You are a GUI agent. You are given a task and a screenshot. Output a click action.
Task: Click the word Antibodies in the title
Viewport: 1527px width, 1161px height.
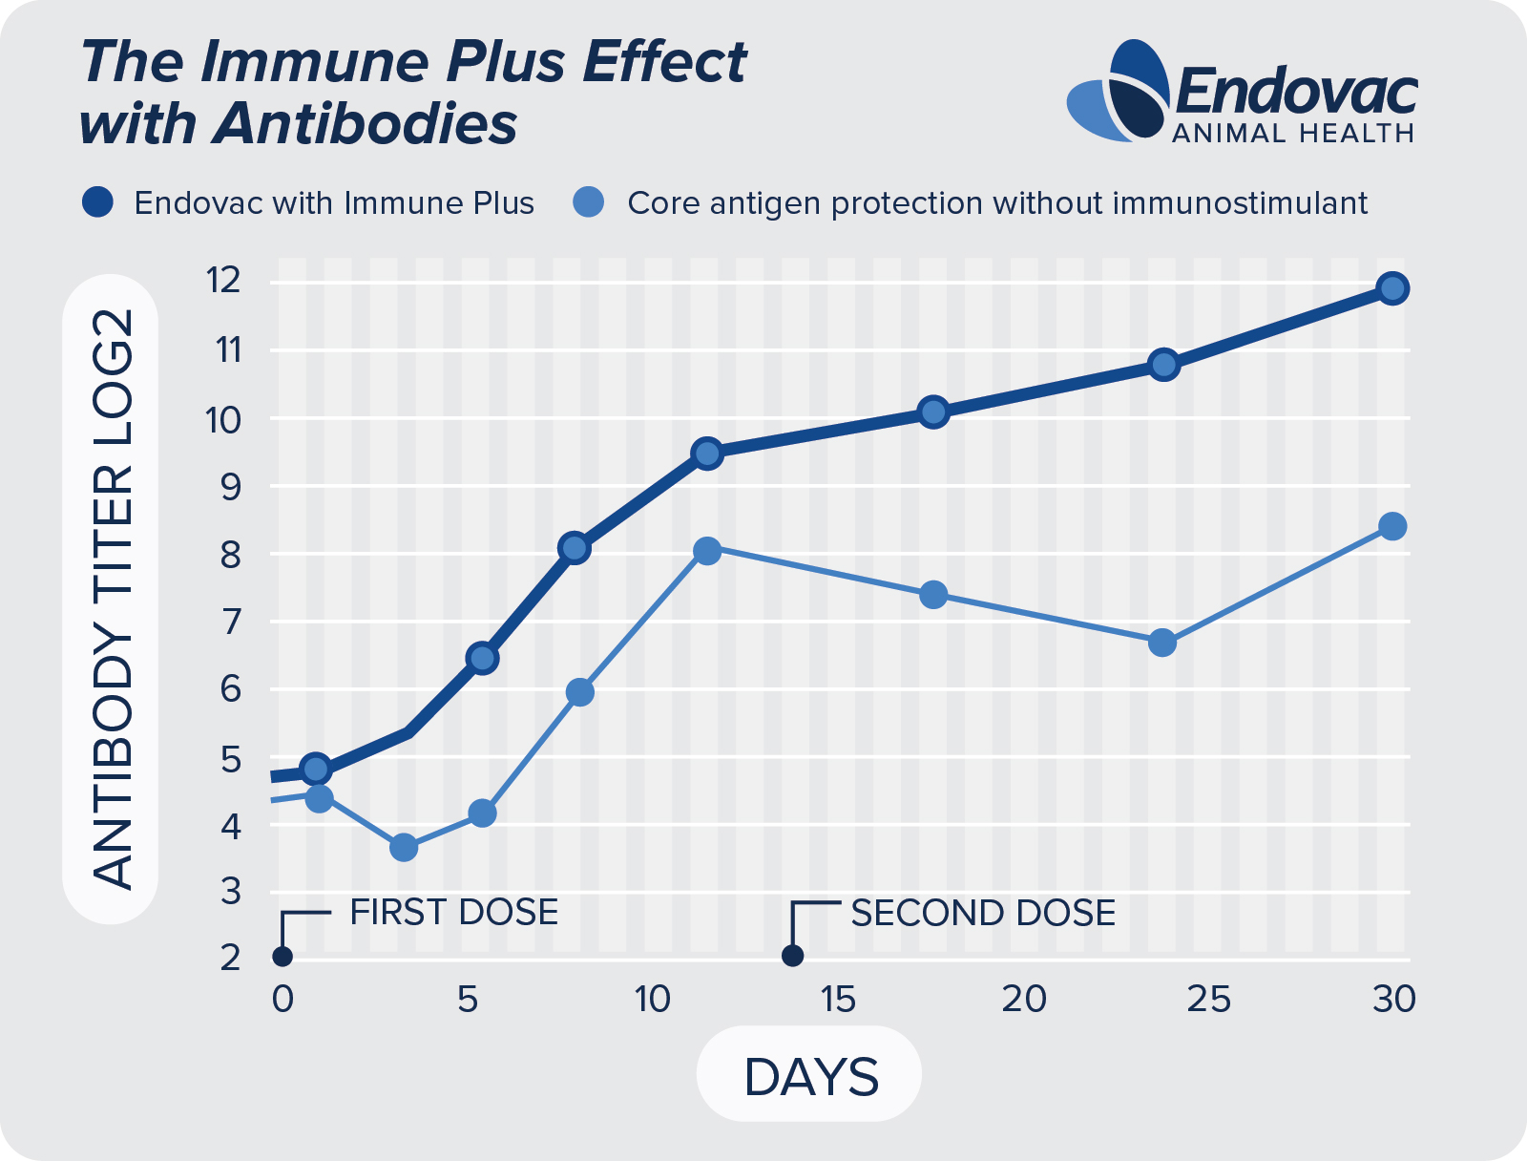[365, 124]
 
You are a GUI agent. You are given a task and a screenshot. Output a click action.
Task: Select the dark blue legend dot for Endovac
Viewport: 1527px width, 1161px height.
[98, 202]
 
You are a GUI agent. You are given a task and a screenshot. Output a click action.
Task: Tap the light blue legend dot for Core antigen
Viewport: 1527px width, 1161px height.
[589, 202]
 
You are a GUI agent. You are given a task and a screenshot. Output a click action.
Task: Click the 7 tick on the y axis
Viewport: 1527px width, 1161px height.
[229, 621]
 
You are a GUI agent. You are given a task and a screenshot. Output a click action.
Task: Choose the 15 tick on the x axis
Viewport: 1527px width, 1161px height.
[837, 1000]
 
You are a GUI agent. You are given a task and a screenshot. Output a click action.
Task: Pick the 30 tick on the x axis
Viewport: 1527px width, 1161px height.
[1393, 1000]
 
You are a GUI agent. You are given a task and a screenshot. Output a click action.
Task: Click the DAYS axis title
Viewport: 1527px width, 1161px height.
[810, 1077]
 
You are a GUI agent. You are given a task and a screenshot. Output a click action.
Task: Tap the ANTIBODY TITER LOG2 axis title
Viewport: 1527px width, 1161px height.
[112, 599]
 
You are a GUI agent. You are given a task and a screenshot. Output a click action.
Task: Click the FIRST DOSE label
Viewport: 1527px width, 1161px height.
[453, 913]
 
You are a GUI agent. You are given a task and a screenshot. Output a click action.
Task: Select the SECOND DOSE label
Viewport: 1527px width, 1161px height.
[983, 914]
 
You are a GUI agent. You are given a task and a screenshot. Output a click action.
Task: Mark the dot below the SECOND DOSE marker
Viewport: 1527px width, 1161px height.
[792, 956]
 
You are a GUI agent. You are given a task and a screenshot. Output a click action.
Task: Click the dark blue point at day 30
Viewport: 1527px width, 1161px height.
[1392, 287]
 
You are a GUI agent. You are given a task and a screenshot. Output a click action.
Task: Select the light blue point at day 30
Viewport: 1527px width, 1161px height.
[1392, 526]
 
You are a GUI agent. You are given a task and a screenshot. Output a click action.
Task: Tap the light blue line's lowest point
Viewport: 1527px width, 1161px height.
[404, 847]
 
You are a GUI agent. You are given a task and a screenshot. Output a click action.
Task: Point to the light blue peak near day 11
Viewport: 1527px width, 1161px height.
[707, 551]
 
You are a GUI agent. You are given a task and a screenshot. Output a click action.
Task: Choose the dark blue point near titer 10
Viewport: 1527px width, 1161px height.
[933, 412]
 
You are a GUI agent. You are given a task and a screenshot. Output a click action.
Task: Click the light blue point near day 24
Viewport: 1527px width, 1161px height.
[1162, 643]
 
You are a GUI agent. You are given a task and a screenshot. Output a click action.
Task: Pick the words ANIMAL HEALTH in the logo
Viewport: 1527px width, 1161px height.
[1292, 134]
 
